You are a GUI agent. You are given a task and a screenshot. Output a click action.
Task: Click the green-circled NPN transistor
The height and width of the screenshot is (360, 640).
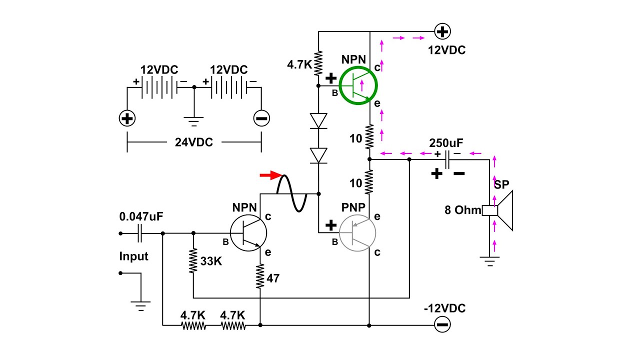click(x=358, y=86)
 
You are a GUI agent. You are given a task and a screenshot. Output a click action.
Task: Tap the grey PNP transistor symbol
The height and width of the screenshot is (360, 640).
click(x=357, y=232)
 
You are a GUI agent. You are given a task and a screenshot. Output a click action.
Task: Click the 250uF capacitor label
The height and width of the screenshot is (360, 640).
click(x=446, y=143)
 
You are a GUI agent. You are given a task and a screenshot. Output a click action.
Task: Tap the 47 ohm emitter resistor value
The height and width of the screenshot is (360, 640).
click(x=274, y=278)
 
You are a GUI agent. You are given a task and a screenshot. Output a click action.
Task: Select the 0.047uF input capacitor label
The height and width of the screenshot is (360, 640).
click(x=141, y=216)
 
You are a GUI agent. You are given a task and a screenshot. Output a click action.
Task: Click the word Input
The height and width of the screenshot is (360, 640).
click(x=133, y=256)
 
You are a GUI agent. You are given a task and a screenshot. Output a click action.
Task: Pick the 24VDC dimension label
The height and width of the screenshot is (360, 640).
click(x=193, y=142)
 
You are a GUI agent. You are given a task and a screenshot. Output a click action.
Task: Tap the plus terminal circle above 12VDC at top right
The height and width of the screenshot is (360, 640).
click(x=442, y=32)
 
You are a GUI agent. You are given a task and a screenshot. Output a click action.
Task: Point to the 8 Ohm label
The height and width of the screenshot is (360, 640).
click(x=462, y=210)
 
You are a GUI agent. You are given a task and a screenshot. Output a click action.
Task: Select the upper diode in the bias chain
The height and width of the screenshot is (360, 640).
click(x=318, y=120)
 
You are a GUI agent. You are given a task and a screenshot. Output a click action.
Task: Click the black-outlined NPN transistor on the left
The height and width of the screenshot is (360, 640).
click(x=248, y=233)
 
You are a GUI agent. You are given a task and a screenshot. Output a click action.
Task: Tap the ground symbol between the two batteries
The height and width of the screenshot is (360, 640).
click(x=193, y=120)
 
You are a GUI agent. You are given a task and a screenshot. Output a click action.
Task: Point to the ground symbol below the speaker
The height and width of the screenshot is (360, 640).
click(x=489, y=259)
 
